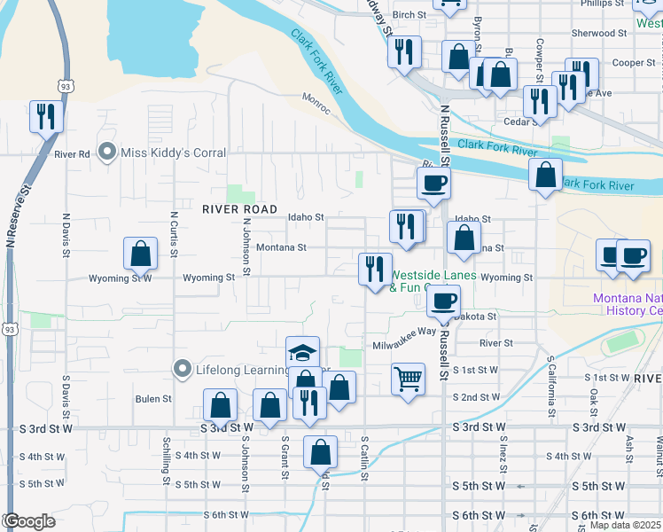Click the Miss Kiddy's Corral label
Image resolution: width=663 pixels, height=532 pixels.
pyautogui.click(x=174, y=153)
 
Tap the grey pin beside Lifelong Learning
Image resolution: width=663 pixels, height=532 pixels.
pyautogui.click(x=183, y=367)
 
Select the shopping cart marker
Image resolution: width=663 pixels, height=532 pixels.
pyautogui.click(x=408, y=379)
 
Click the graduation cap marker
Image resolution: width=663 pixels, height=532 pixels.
pyautogui.click(x=302, y=353)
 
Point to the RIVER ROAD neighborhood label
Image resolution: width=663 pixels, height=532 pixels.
pyautogui.click(x=234, y=209)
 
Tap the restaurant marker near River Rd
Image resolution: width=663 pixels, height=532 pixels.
pyautogui.click(x=45, y=116)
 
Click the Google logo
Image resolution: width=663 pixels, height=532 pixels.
pyautogui.click(x=29, y=521)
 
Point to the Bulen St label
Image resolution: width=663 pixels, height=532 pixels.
pyautogui.click(x=153, y=399)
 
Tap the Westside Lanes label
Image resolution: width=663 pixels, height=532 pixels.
pyautogui.click(x=433, y=276)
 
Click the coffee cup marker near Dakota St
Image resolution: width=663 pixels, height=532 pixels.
pyautogui.click(x=443, y=301)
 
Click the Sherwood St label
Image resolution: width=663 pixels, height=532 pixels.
pyautogui.click(x=599, y=33)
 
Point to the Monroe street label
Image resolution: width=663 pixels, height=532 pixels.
pyautogui.click(x=316, y=103)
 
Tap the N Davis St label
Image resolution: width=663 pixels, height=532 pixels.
pyautogui.click(x=66, y=235)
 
